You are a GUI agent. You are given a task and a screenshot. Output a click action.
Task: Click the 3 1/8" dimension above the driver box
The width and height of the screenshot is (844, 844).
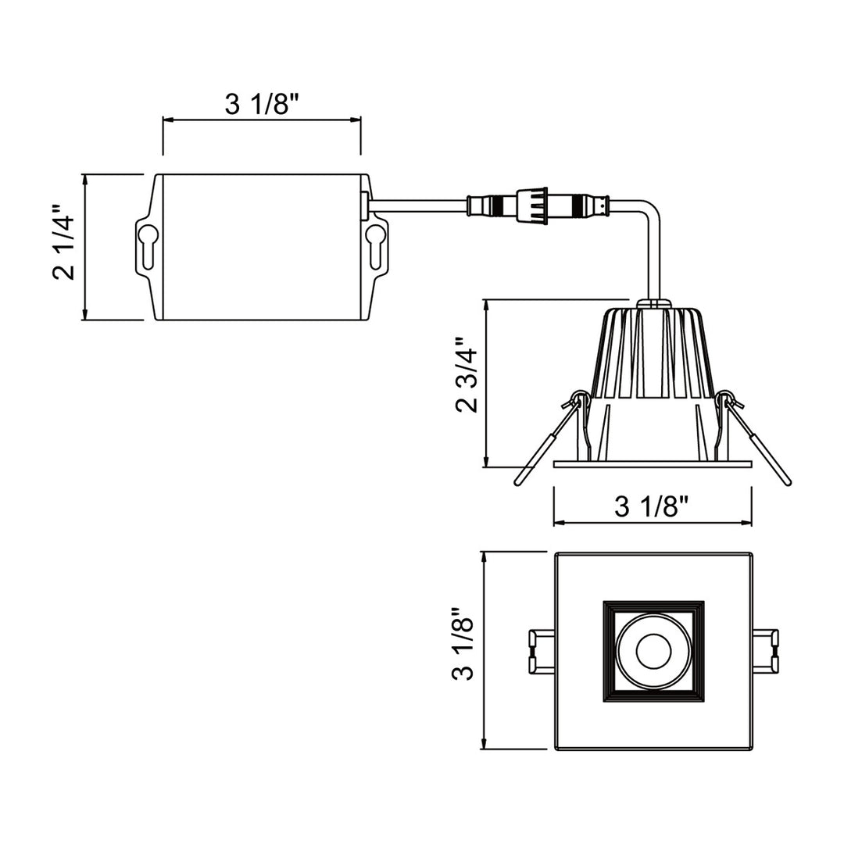pyautogui.click(x=262, y=104)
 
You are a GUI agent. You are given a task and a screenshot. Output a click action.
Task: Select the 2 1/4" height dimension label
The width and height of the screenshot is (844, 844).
pyautogui.click(x=65, y=243)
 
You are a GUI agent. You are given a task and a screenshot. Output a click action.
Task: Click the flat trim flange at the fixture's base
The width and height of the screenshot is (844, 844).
pyautogui.click(x=653, y=464)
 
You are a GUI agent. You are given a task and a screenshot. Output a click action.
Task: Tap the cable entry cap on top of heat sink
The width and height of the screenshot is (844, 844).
pyautogui.click(x=653, y=301)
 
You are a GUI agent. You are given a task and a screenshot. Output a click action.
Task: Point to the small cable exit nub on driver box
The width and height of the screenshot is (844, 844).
pyautogui.click(x=364, y=204)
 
